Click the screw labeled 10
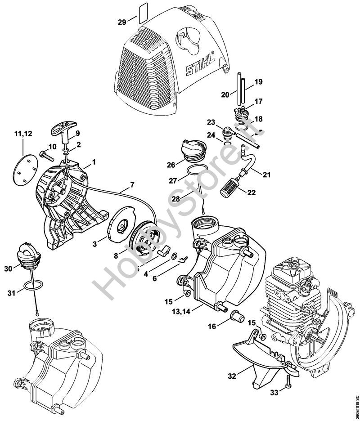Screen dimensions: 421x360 click(45, 154)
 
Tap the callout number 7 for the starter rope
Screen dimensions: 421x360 click(132, 184)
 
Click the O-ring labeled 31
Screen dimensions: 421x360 click(35, 285)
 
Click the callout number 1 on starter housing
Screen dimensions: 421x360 click(94, 161)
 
